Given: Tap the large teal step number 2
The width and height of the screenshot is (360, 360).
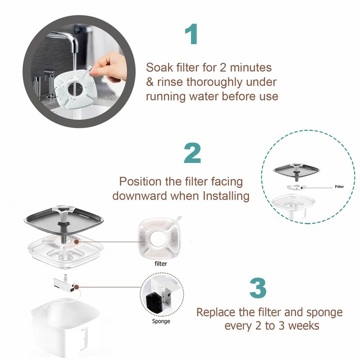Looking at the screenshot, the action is tap(193, 153).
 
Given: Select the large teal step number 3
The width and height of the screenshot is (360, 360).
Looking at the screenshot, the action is tap(258, 288).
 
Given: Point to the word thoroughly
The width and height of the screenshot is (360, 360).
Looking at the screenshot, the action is tap(214, 83).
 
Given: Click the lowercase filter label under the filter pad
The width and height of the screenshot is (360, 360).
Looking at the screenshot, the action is tap(161, 264).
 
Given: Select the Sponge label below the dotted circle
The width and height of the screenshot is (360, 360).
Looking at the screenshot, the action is tap(161, 321).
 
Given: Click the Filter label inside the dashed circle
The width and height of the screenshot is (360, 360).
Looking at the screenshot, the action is tap(339, 187).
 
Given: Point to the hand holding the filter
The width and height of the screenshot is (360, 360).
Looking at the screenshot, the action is tap(109, 66).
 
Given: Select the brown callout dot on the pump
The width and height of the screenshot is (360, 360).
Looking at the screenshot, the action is tap(76, 287).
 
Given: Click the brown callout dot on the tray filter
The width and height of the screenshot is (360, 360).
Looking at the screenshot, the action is tap(76, 242).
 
